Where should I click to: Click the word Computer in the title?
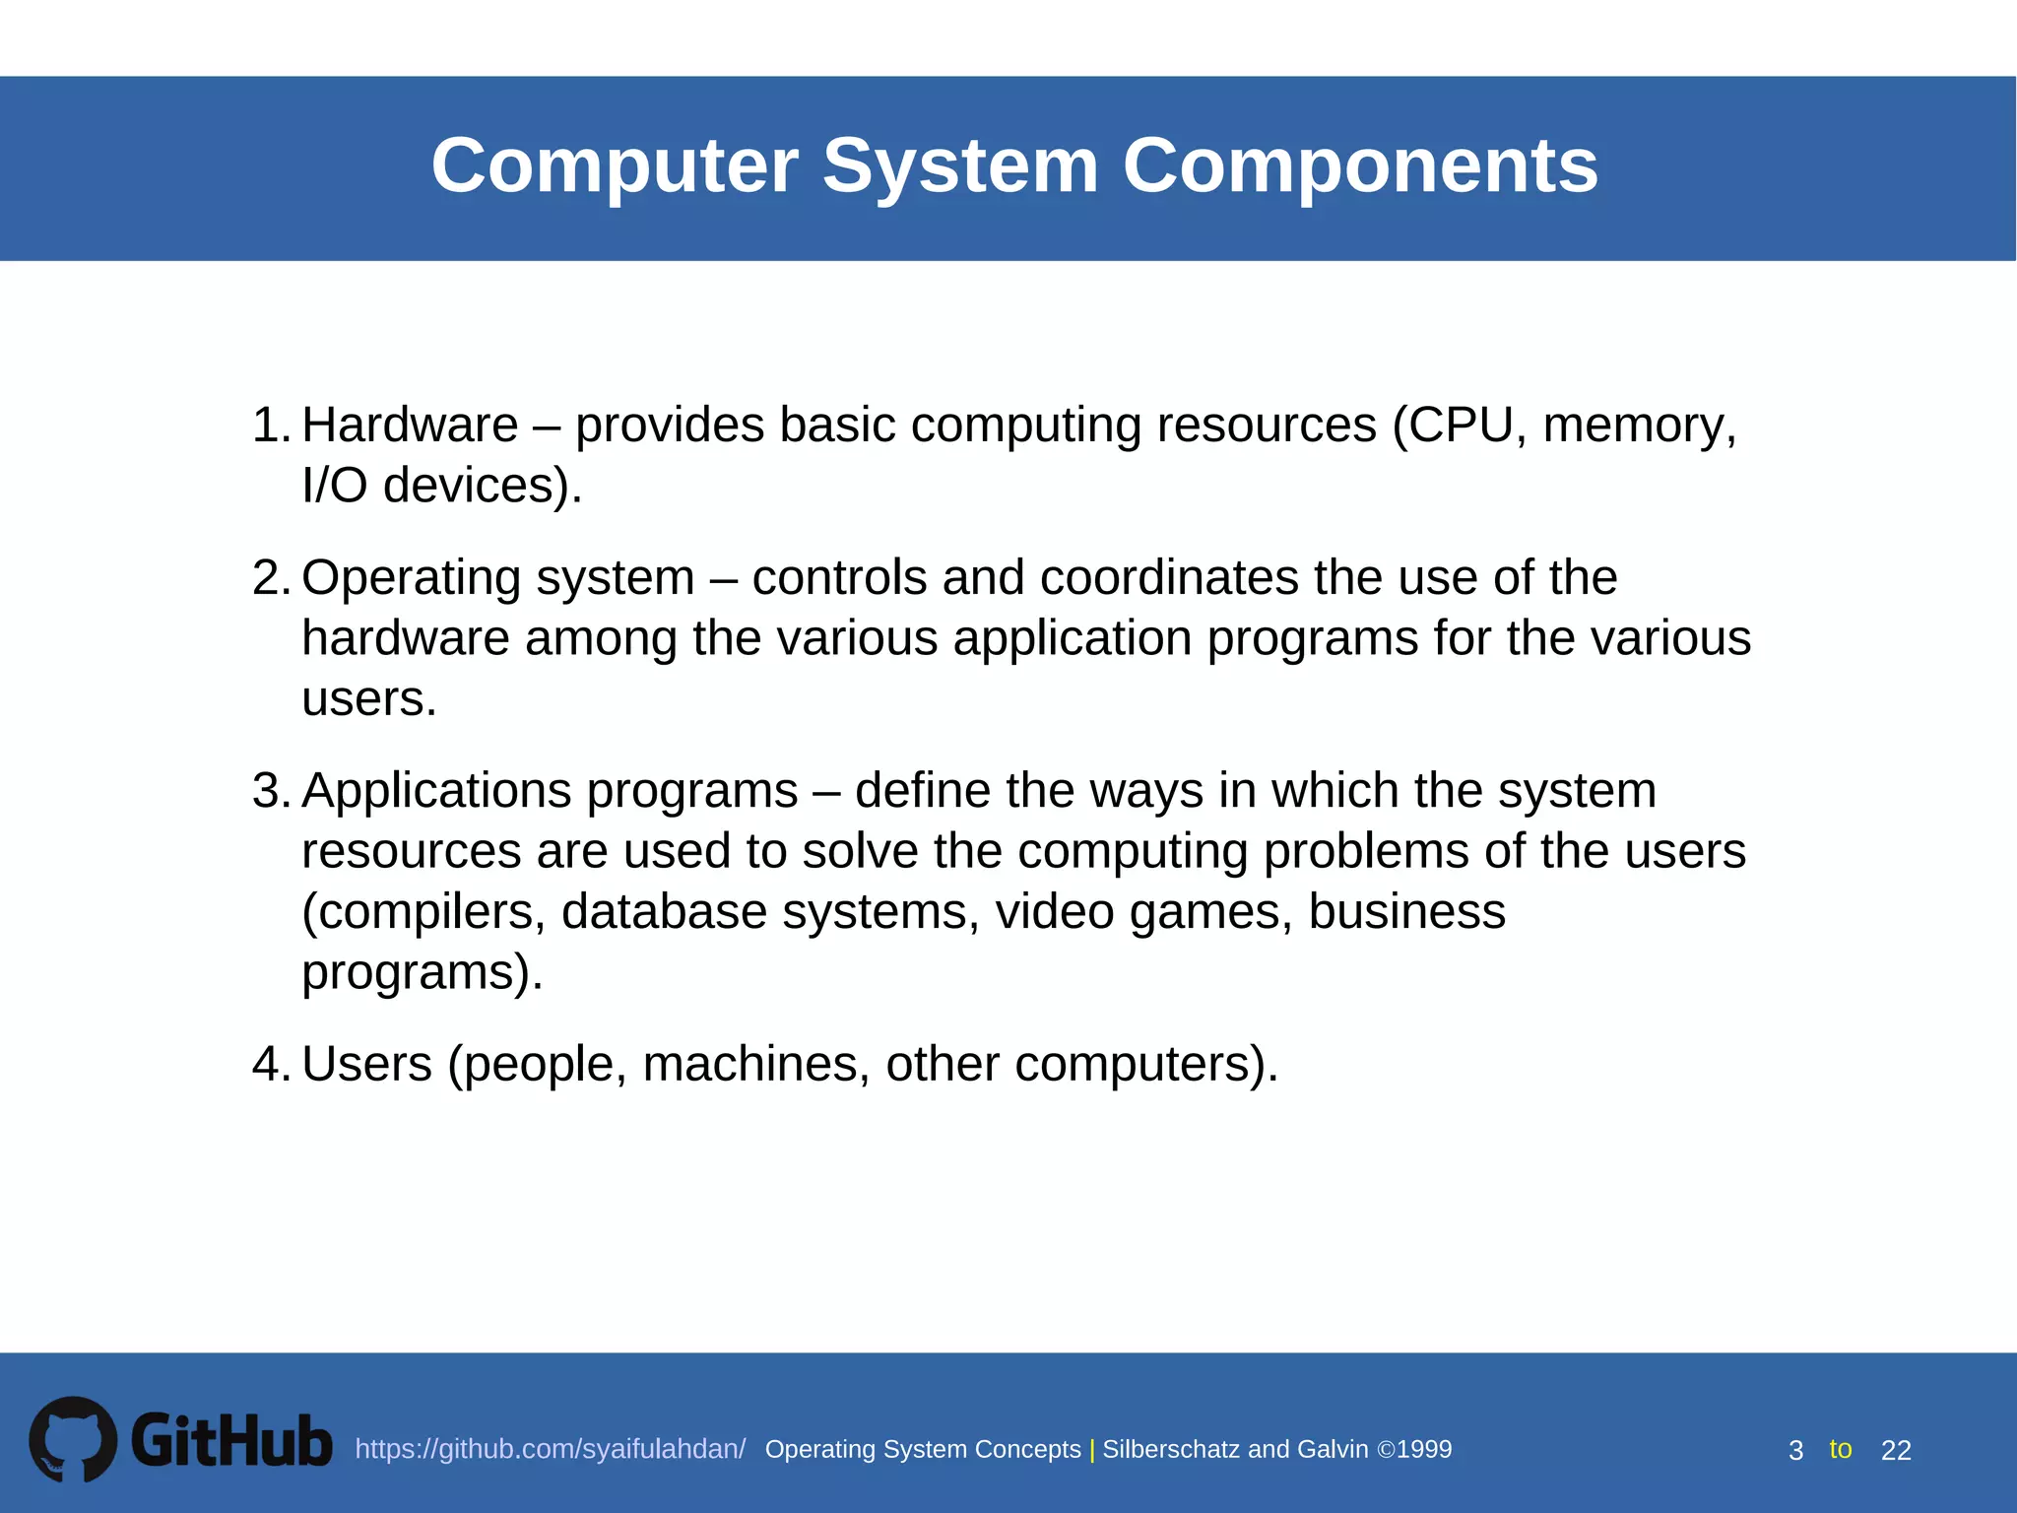615,165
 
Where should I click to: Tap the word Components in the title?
1360,165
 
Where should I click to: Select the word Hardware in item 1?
410,426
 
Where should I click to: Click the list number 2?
269,578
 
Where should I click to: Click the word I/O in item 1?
334,486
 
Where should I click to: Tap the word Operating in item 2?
411,579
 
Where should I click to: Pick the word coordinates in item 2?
1169,578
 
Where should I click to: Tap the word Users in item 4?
366,1065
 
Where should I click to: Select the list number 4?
269,1065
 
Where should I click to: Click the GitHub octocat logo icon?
73,1439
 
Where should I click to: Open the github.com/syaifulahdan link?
550,1449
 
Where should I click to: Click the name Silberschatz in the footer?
1171,1449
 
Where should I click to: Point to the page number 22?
1895,1450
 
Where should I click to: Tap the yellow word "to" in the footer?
1840,1449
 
